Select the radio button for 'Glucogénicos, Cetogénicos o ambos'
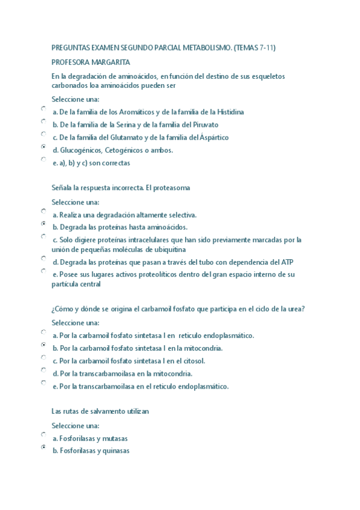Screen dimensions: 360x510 (x=43, y=146)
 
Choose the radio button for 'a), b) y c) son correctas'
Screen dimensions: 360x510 (x=43, y=159)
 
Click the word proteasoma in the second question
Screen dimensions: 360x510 (x=169, y=188)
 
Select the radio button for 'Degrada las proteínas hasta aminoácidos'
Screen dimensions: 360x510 (x=43, y=223)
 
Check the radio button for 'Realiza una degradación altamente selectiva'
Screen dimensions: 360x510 (x=43, y=211)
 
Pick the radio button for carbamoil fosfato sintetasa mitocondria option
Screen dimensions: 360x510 (x=43, y=345)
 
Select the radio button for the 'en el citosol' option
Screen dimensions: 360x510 (x=43, y=357)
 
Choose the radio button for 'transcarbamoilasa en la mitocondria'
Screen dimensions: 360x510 (x=43, y=370)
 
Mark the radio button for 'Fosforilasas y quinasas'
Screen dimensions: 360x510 (x=43, y=447)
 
